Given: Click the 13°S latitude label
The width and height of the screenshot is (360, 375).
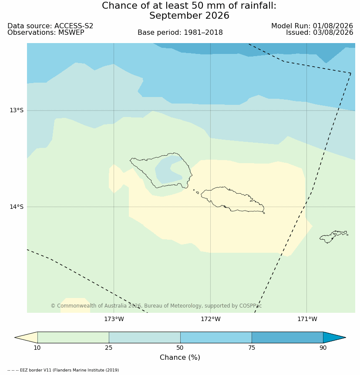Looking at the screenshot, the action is [17, 110].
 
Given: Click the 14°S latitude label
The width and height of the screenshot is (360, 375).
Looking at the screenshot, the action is [17, 207].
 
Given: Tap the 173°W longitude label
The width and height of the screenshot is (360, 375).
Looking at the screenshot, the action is [114, 319].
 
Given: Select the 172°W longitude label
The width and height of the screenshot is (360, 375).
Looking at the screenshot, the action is [211, 319].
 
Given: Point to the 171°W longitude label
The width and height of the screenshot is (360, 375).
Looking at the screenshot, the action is [307, 319].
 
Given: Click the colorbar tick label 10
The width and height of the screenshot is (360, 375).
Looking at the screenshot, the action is [37, 348].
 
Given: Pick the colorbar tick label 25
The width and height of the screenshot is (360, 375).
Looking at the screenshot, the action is [109, 348].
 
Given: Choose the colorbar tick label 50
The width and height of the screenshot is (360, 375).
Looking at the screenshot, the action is [180, 348].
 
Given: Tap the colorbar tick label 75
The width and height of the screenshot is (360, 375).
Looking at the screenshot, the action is [252, 348].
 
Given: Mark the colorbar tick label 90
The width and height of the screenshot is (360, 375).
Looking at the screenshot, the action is [323, 348].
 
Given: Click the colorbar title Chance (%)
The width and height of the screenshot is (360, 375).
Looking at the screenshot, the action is [180, 357].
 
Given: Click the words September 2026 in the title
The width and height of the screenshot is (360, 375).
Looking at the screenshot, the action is [189, 16].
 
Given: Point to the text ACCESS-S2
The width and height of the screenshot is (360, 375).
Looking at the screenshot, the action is [74, 26].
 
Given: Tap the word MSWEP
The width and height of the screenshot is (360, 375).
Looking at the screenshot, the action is [71, 33].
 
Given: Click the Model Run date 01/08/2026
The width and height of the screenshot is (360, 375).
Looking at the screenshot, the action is [333, 26].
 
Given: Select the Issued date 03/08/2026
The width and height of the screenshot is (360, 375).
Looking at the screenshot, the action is [333, 33].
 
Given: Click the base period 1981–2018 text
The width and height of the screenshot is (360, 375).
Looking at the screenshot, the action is [203, 33].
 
